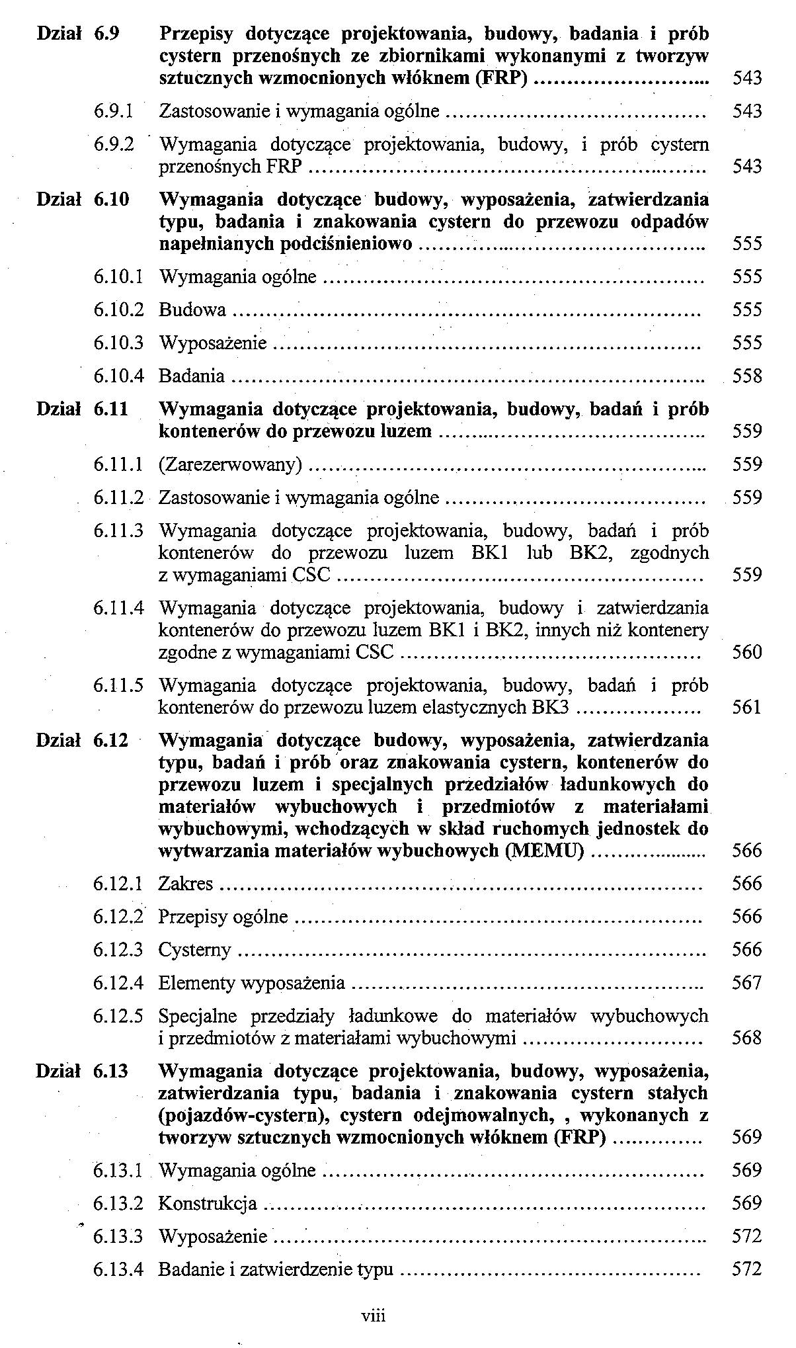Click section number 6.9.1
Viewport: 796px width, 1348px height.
(114, 111)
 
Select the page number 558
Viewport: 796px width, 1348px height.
(747, 376)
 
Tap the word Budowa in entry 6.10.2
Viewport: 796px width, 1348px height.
(192, 310)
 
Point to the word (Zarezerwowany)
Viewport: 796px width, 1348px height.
(230, 465)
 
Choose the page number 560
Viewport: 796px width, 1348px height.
(747, 653)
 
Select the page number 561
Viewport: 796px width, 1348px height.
(747, 708)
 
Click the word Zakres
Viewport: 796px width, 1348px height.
(186, 884)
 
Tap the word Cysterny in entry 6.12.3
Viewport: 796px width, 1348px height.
(195, 950)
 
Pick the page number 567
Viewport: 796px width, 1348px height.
(747, 983)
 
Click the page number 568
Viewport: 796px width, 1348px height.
(747, 1038)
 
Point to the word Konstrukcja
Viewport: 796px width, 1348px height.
(208, 1204)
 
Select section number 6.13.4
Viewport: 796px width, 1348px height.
(118, 1270)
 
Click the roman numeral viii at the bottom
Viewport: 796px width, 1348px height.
(374, 1316)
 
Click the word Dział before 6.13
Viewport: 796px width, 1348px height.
(58, 1071)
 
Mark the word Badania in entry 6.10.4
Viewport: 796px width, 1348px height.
(192, 376)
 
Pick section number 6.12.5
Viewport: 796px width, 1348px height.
(118, 1016)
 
